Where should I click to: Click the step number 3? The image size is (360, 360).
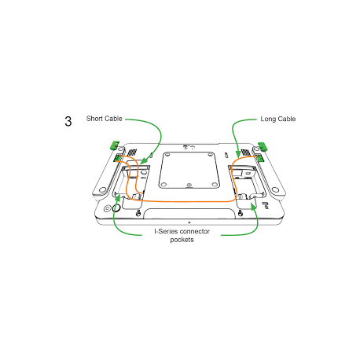tap(68, 121)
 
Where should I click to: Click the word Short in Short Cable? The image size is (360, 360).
tap(95, 119)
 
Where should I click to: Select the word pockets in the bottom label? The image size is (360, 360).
tap(182, 240)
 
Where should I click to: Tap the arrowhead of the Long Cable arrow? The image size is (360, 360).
tap(238, 154)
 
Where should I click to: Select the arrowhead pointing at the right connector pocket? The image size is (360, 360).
tap(253, 207)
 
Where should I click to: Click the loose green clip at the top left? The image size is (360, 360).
tap(115, 145)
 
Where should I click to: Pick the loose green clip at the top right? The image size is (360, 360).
tap(263, 146)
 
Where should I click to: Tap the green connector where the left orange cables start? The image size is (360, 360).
tap(117, 158)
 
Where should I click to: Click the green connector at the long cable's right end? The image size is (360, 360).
tap(260, 158)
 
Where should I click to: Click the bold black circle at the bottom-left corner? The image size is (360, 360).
tap(116, 208)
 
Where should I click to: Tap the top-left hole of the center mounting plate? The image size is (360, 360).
tap(167, 155)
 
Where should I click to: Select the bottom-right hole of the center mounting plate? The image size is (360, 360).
tap(215, 185)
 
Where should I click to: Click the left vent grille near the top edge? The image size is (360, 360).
tap(132, 152)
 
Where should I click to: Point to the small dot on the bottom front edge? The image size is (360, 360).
tap(189, 222)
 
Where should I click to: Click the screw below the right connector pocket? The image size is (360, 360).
tap(241, 214)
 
